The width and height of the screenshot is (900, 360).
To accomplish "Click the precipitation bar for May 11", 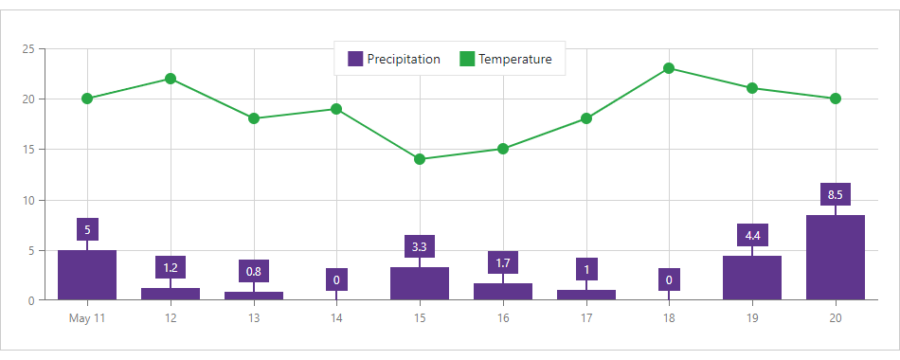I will (87, 276).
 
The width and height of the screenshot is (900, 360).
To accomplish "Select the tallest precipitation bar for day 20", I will (835, 259).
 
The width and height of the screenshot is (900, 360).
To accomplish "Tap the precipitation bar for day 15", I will (420, 284).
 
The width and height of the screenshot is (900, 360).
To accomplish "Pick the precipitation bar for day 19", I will (752, 279).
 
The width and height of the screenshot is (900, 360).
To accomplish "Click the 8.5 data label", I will (835, 195).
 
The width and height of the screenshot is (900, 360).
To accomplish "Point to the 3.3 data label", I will (420, 247).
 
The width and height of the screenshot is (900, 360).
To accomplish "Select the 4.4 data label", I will (752, 235).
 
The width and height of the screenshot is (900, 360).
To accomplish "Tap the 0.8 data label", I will (254, 272).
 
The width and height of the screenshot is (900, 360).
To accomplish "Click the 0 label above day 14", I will (336, 279).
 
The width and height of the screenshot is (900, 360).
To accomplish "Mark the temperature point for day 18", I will (669, 68).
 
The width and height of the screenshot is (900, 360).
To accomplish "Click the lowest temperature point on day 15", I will (420, 159).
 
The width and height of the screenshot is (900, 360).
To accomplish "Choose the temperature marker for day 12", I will (171, 79).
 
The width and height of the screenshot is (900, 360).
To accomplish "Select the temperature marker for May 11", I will (87, 99).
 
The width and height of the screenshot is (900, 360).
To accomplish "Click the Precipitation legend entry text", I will (404, 59).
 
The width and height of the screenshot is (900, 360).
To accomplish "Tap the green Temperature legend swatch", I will (467, 59).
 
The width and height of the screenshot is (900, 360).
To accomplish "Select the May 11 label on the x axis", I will (87, 318).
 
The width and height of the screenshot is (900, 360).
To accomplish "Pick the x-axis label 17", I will (585, 318).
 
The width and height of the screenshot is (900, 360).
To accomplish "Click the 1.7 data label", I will (503, 262).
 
